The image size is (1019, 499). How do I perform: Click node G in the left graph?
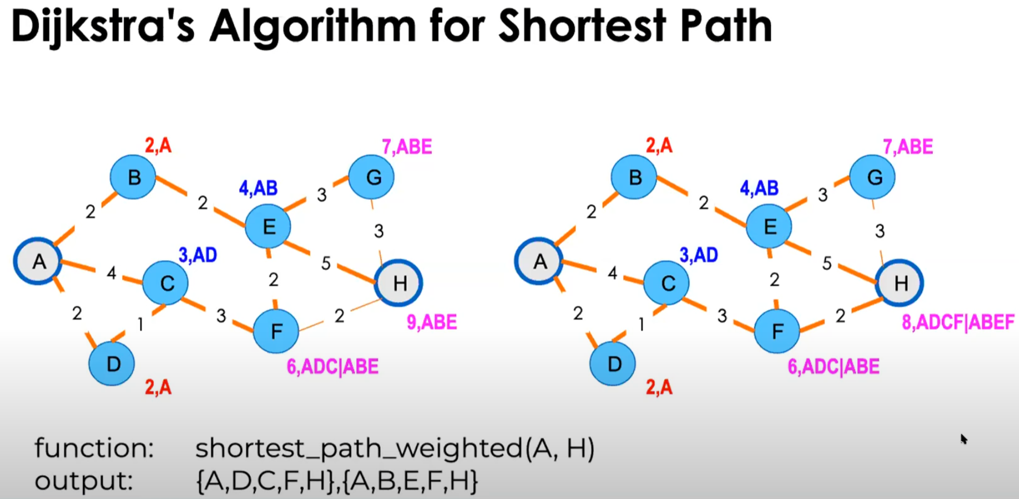(372, 177)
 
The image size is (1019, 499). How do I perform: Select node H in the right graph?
(900, 283)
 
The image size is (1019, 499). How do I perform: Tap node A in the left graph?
(38, 261)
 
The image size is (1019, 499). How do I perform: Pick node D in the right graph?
(613, 364)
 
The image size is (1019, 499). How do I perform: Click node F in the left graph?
(276, 331)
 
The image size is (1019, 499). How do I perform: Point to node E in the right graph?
(769, 227)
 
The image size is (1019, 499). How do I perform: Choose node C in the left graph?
(166, 283)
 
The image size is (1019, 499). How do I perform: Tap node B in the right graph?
(634, 177)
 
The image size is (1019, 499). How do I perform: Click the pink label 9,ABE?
(432, 322)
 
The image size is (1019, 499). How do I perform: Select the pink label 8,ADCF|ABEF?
(958, 322)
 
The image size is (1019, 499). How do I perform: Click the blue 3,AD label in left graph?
(198, 255)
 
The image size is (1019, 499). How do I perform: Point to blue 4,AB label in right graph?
(759, 188)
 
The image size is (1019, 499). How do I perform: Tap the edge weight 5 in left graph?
(326, 264)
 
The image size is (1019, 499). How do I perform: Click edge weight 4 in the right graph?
(612, 273)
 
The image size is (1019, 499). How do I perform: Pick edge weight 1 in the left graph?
(141, 324)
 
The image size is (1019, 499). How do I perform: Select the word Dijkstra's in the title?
(103, 27)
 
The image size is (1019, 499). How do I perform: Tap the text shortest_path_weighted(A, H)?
(395, 448)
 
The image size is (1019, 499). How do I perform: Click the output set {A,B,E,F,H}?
(410, 481)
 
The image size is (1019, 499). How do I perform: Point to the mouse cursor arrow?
(964, 439)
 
